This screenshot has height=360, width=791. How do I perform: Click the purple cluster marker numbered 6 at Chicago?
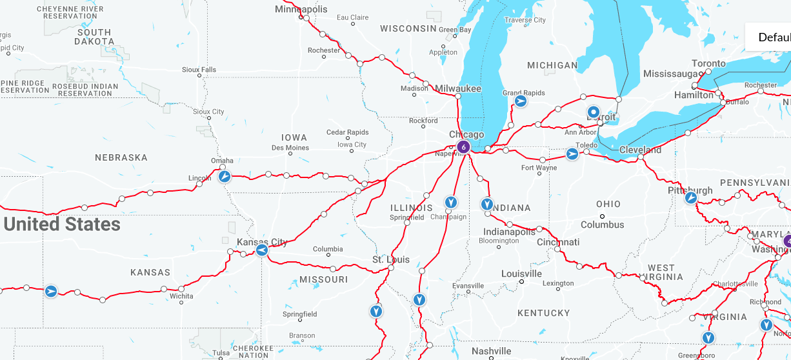[x=463, y=147]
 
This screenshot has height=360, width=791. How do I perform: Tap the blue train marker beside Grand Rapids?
[x=521, y=101]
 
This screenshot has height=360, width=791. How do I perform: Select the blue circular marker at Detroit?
[x=594, y=112]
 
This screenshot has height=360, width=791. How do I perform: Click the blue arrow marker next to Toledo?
[x=572, y=154]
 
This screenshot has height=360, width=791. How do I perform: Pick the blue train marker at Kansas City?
[x=261, y=250]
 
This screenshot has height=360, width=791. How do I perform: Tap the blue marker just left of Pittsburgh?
[x=690, y=197]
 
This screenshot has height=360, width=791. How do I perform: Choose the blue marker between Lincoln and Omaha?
[x=224, y=176]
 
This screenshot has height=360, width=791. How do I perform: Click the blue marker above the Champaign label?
[x=451, y=203]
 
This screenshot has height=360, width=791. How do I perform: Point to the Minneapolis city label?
[x=301, y=9]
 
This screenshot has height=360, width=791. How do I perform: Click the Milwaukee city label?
[x=458, y=88]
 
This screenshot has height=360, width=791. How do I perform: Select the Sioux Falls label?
[x=199, y=70]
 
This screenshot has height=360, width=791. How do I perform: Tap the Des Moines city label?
[x=290, y=148]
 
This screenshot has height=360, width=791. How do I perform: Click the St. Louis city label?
[x=390, y=259]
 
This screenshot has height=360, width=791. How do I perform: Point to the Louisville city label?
[x=521, y=274]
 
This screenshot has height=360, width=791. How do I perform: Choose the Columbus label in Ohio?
[x=602, y=225]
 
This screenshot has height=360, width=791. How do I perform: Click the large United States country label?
[x=62, y=224]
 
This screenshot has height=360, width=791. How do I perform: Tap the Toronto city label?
[x=708, y=63]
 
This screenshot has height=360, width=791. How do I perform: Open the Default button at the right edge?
[x=773, y=37]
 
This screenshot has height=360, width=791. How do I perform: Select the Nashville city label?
[x=491, y=351]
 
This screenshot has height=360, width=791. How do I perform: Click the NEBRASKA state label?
[x=121, y=157]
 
